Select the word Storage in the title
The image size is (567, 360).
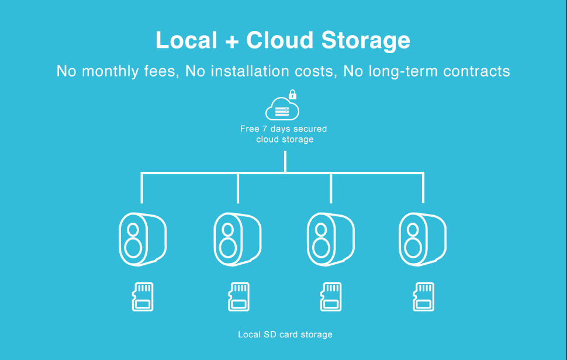click(x=366, y=41)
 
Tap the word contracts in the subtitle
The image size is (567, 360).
click(x=476, y=71)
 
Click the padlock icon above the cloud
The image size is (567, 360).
click(x=292, y=94)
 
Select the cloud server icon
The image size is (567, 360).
click(x=282, y=109)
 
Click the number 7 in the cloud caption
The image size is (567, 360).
click(x=264, y=129)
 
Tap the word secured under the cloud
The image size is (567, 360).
click(x=310, y=129)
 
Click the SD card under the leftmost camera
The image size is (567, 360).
click(x=143, y=296)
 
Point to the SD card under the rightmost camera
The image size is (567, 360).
click(x=424, y=296)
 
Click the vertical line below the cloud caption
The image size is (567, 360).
click(x=285, y=161)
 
